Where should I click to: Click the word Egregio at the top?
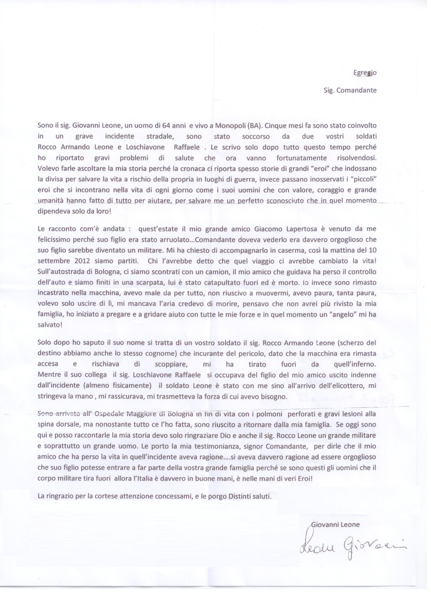[365, 73]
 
